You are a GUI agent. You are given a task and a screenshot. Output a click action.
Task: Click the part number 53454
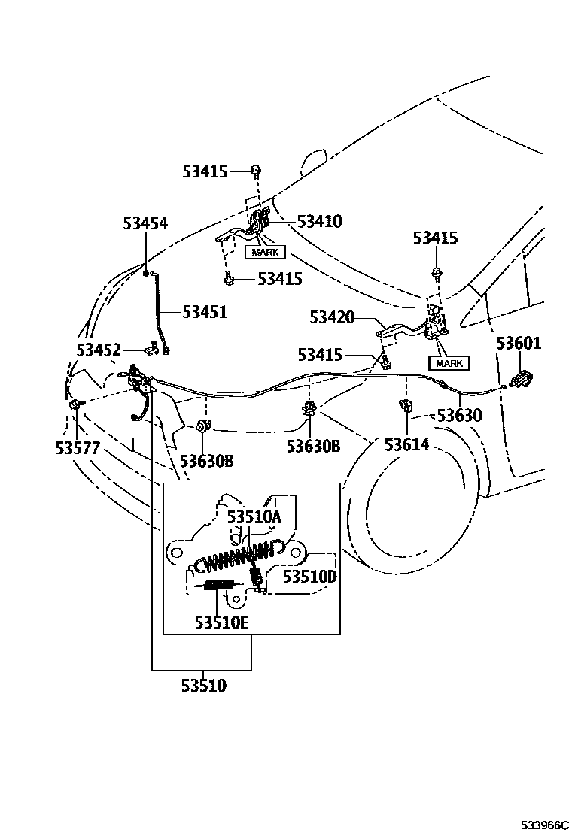pyautogui.click(x=145, y=223)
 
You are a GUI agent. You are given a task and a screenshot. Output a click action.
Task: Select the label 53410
pyautogui.click(x=319, y=221)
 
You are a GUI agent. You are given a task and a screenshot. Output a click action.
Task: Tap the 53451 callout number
pyautogui.click(x=204, y=311)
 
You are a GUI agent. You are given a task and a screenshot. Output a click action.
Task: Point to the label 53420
pyautogui.click(x=331, y=317)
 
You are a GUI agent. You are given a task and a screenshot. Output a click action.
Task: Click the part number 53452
pyautogui.click(x=99, y=350)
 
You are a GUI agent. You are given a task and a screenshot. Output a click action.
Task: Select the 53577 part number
pyautogui.click(x=78, y=447)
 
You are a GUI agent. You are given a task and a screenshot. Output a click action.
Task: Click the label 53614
pyautogui.click(x=406, y=444)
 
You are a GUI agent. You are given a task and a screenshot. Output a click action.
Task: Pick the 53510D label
pyautogui.click(x=309, y=577)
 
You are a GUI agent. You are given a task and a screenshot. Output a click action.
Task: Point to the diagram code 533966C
pyautogui.click(x=540, y=825)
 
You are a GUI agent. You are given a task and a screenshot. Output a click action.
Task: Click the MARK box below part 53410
pyautogui.click(x=264, y=252)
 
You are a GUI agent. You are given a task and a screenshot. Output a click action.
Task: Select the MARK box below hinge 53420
pyautogui.click(x=449, y=363)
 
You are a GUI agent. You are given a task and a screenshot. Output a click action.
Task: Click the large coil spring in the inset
pyautogui.click(x=226, y=559)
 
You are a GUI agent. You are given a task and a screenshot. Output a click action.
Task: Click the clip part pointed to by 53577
pyautogui.click(x=75, y=405)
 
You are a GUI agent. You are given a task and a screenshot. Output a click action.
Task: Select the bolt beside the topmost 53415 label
pyautogui.click(x=257, y=171)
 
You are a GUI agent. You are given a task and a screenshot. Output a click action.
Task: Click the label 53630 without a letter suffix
pyautogui.click(x=460, y=415)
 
